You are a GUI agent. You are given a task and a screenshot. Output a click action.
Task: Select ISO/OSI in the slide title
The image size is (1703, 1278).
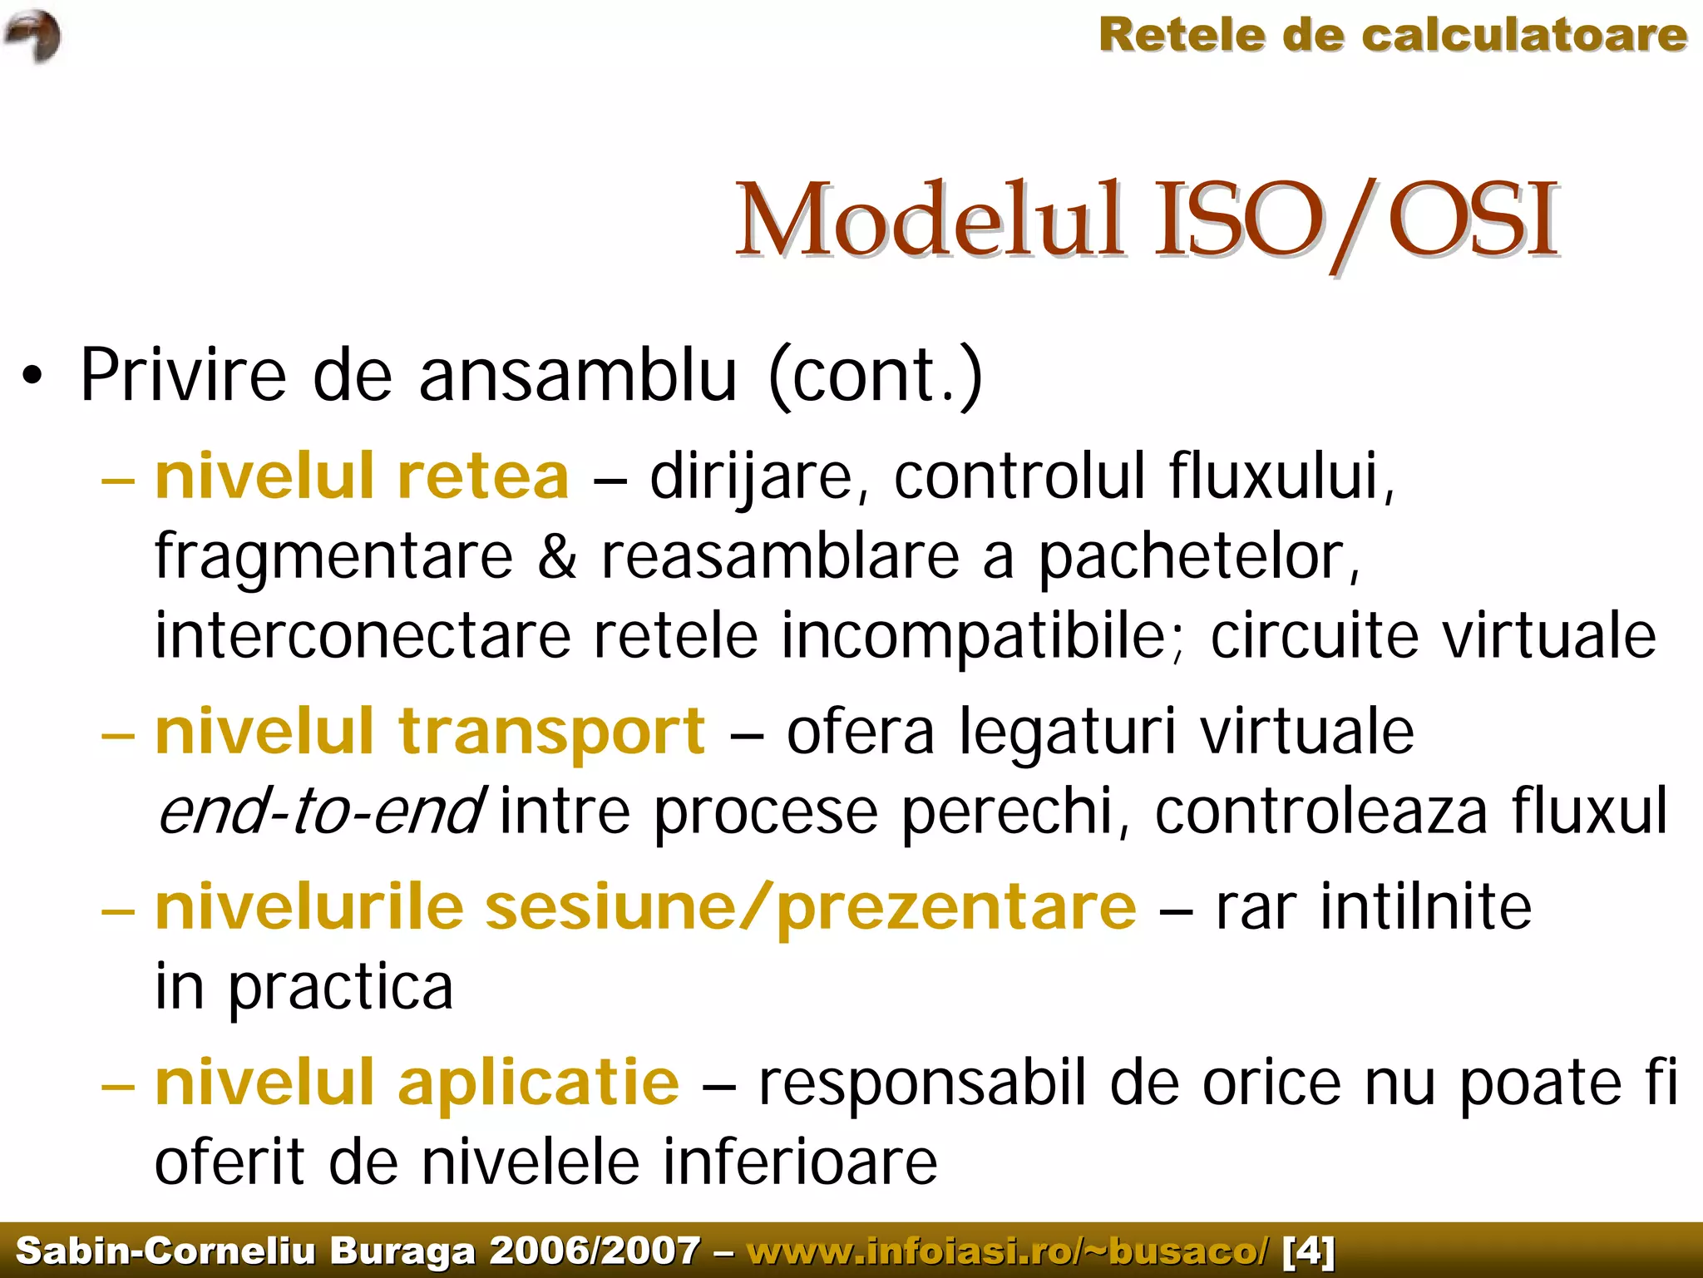click(x=1356, y=221)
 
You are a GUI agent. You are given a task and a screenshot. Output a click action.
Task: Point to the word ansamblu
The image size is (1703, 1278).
click(x=578, y=376)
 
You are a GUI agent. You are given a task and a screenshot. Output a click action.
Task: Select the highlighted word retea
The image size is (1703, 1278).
click(x=483, y=476)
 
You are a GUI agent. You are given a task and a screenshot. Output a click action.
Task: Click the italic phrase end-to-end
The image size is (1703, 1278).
click(x=320, y=812)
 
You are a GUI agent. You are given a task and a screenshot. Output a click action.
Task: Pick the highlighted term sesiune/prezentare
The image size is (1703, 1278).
click(x=811, y=907)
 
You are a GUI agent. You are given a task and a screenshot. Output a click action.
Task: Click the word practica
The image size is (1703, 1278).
click(x=341, y=988)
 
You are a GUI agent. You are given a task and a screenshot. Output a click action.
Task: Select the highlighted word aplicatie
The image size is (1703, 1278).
click(x=539, y=1083)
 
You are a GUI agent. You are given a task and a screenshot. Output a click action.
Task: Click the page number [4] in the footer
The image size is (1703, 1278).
click(x=1309, y=1251)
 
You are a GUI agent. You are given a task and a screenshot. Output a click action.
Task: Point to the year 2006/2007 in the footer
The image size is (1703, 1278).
click(x=595, y=1251)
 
